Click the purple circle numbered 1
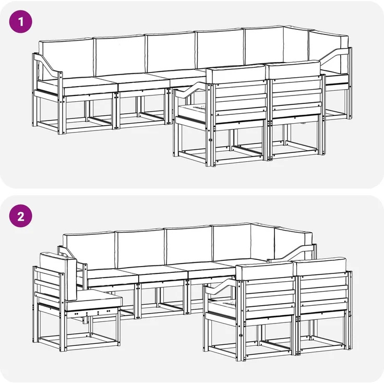pyautogui.click(x=21, y=21)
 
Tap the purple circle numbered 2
pyautogui.click(x=21, y=216)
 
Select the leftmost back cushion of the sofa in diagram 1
pyautogui.click(x=66, y=58)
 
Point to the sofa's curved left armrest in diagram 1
pyautogui.click(x=47, y=64)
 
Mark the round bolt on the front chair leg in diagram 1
pyautogui.click(x=210, y=140)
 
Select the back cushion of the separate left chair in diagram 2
pyautogui.click(x=59, y=275)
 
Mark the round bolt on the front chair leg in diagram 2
pyautogui.click(x=241, y=335)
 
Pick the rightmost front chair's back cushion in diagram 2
pyautogui.click(x=321, y=266)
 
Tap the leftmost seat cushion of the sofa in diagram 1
pyautogui.click(x=89, y=86)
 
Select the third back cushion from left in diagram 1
pyautogui.click(x=171, y=52)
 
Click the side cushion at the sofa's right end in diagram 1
pyautogui.click(x=329, y=52)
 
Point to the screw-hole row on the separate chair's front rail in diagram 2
pyautogui.click(x=92, y=312)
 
